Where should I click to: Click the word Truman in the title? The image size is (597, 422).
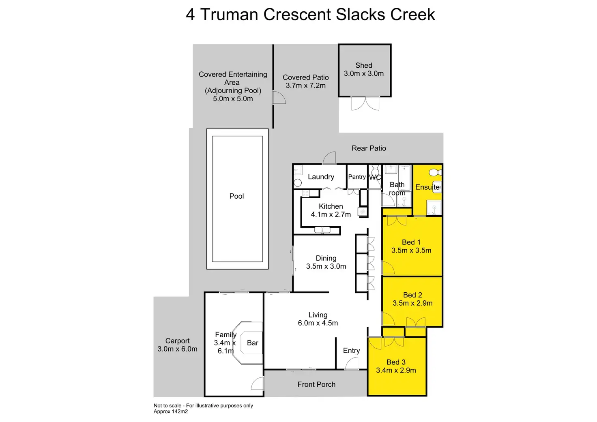pos(229,15)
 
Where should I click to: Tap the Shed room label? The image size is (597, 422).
pos(363,65)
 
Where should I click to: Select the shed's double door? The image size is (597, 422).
pos(365,103)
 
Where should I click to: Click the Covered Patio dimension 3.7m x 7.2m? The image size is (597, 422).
pos(305,86)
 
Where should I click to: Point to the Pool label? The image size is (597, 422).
pos(236,196)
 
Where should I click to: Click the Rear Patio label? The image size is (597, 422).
pos(369,148)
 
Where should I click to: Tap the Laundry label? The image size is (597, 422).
pos(321,177)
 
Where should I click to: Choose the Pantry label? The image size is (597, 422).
pos(357,177)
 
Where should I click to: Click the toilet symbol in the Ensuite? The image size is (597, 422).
pos(435,172)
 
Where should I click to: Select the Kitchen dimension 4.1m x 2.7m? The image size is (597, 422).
pos(331,214)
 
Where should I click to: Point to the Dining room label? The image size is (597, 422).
pos(326,258)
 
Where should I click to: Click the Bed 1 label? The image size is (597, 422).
pos(411,242)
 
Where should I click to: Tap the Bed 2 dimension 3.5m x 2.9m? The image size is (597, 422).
pos(412,303)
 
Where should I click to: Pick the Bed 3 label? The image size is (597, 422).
pos(396,362)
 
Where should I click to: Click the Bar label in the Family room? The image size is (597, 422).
pos(252,343)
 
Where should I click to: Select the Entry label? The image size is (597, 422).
pos(351,351)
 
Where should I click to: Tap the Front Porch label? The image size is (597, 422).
pos(316,384)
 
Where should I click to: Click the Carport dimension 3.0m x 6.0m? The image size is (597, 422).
pos(177,349)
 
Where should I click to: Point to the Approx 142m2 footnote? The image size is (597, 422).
pos(171,411)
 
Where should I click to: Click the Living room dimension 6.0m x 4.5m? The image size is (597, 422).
pos(318,323)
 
